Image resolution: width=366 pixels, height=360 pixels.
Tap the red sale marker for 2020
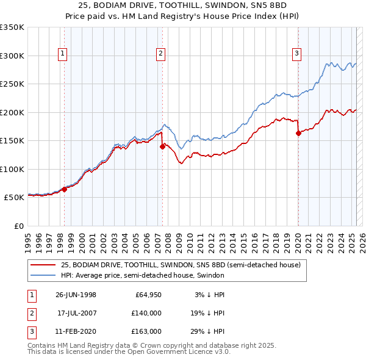pyautogui.click(x=298, y=133)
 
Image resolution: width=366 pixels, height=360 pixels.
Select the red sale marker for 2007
pyautogui.click(x=162, y=146)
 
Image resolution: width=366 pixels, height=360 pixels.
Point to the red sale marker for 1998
pyautogui.click(x=65, y=189)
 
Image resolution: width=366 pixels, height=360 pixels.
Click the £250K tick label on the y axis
pyautogui.click(x=12, y=84)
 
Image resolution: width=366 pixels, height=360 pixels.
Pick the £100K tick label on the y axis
pyautogui.click(x=12, y=169)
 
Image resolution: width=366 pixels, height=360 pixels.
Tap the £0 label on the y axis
pyautogui.click(x=18, y=226)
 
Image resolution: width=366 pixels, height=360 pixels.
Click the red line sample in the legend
pyautogui.click(x=43, y=265)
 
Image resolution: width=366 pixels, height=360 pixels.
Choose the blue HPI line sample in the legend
pyautogui.click(x=43, y=276)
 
